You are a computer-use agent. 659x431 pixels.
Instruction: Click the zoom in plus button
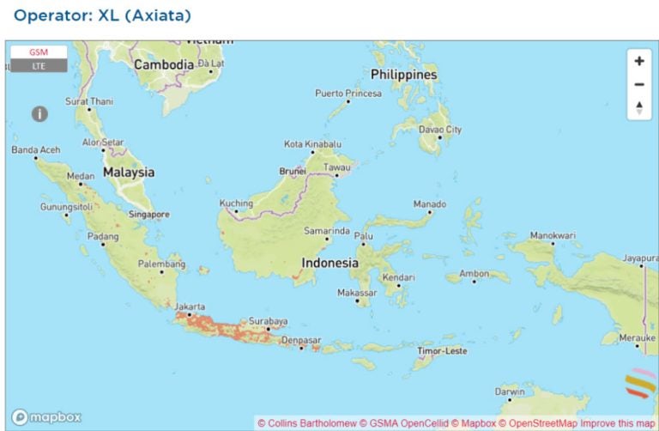click(638, 61)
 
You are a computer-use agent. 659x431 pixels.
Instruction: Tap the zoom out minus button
click(638, 84)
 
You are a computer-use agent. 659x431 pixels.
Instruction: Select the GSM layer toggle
click(39, 52)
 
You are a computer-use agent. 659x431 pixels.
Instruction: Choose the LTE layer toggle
click(39, 66)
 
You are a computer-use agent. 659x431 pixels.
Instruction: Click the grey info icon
click(39, 113)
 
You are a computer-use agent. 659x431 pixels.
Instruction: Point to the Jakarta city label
click(190, 307)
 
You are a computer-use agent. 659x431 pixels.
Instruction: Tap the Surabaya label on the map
click(267, 321)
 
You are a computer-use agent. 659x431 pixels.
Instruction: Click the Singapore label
click(148, 215)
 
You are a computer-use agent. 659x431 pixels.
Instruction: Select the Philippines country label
click(404, 75)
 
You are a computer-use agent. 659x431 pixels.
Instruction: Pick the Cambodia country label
click(164, 64)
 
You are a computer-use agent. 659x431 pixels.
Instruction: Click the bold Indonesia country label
click(329, 264)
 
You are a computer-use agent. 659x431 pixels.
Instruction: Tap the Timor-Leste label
click(442, 351)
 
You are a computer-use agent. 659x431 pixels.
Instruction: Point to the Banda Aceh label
click(36, 150)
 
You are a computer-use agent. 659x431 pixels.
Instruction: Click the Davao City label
click(440, 130)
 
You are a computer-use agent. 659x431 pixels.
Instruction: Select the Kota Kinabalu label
click(313, 144)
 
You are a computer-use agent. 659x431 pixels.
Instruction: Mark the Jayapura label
click(639, 258)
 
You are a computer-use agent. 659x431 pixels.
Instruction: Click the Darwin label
click(510, 392)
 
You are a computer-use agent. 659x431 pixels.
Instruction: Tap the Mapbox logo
click(47, 417)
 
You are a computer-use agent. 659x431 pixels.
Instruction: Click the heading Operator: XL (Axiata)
click(102, 15)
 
